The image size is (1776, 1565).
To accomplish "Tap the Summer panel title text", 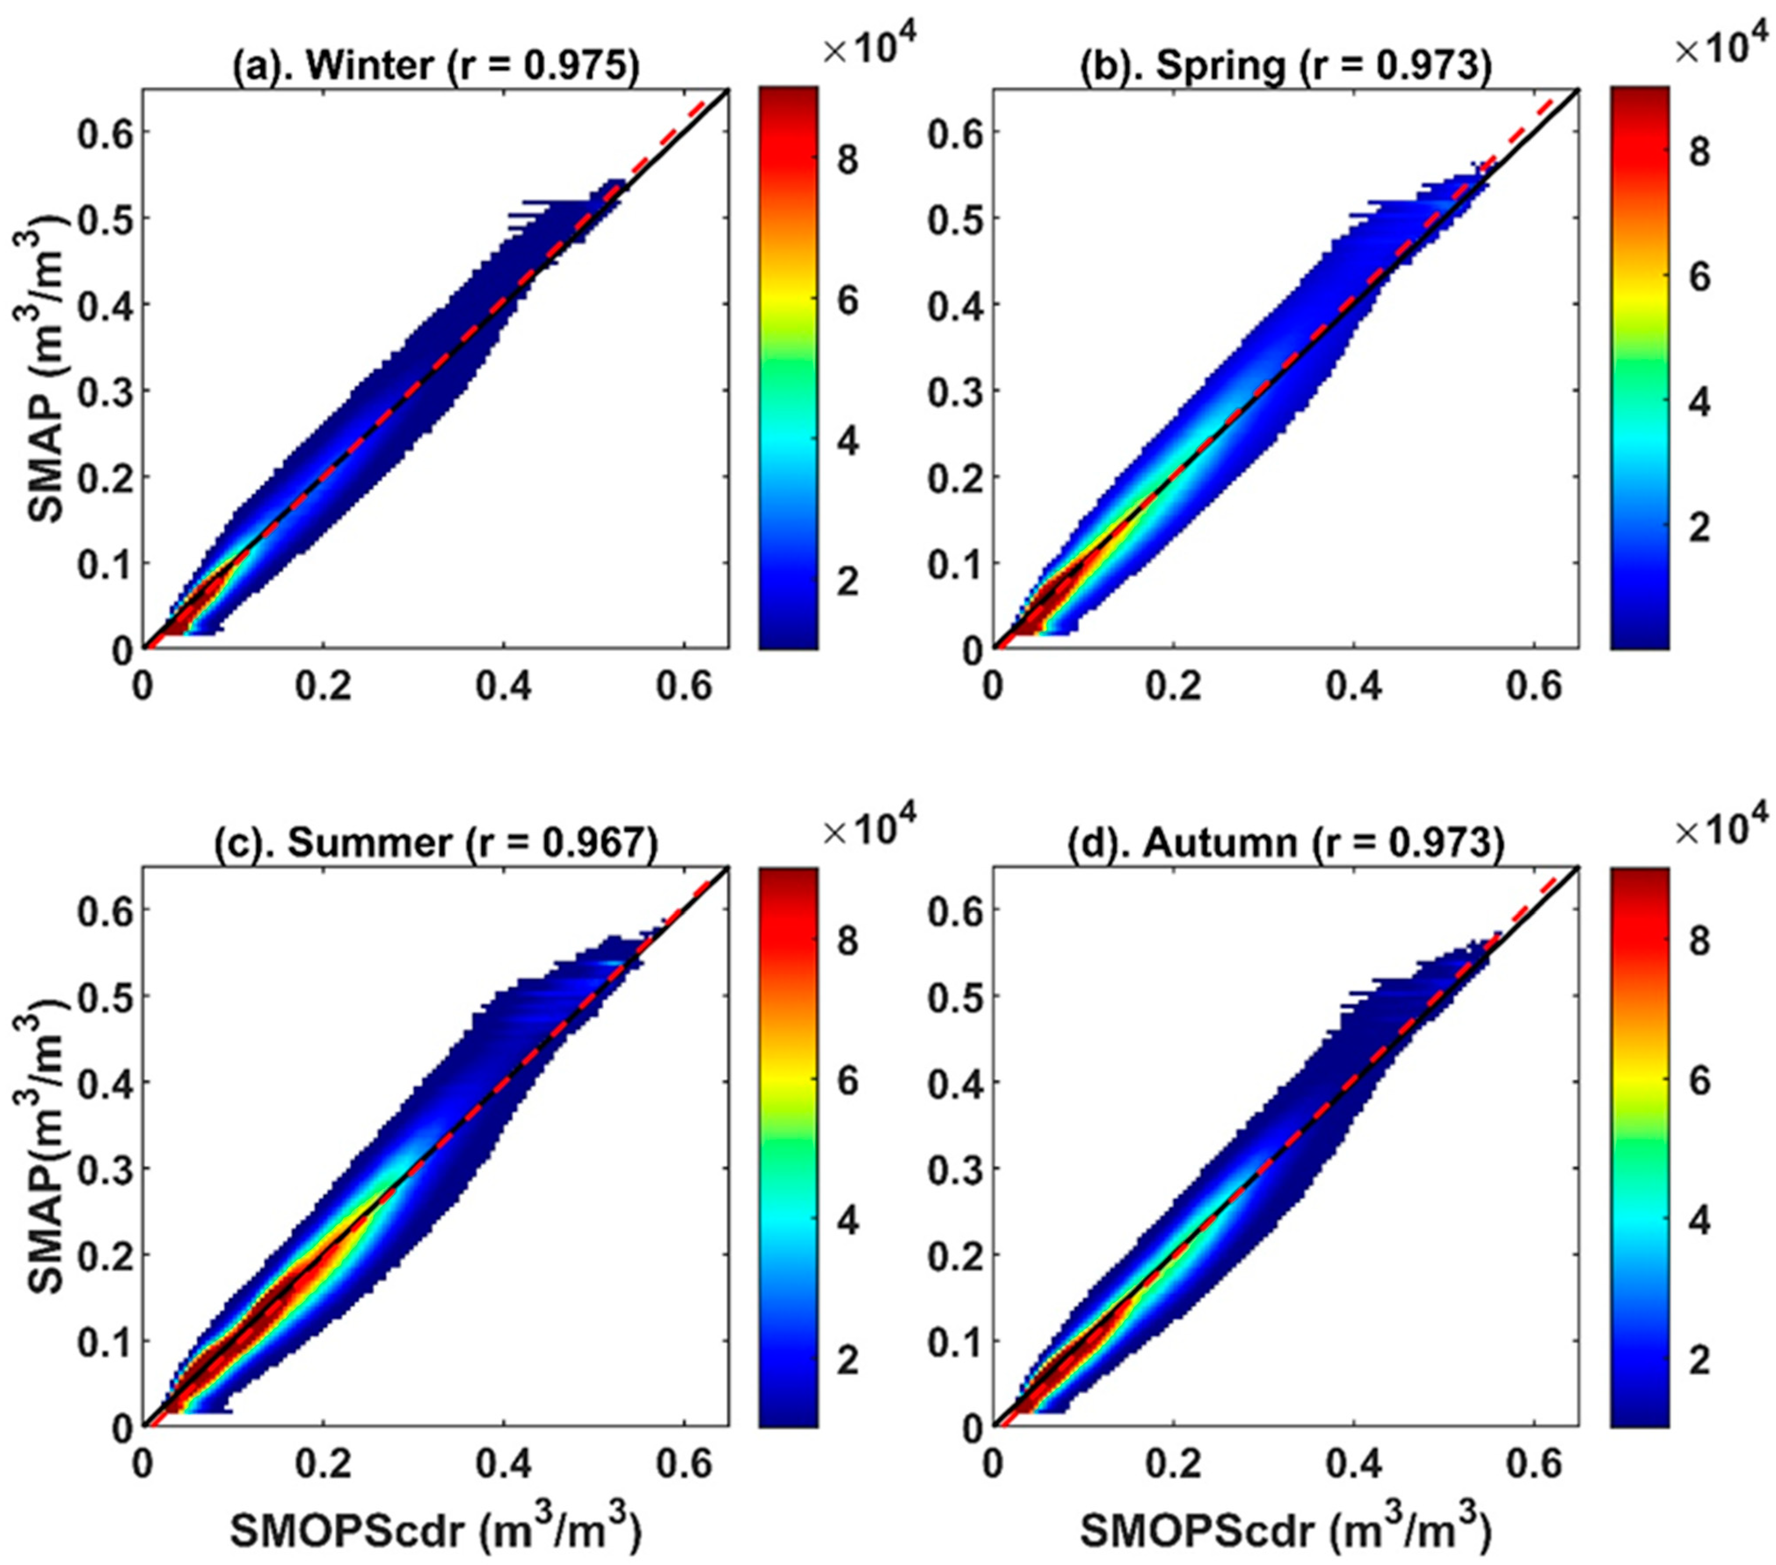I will click(435, 843).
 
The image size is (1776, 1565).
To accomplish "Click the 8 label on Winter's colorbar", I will click(848, 162).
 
